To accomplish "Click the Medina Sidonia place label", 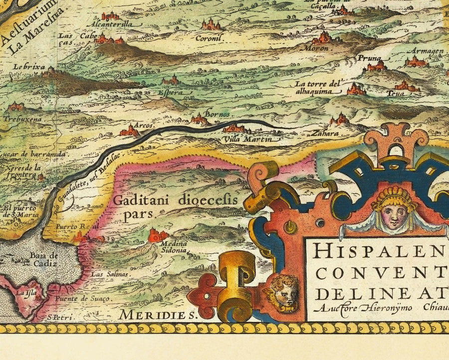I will (173, 247).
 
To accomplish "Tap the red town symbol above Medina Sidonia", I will (158, 234).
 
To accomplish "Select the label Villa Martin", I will (247, 139).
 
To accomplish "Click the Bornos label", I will (218, 114).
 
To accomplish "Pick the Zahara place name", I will (325, 134).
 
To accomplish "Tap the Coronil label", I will (209, 37).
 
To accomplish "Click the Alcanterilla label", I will (109, 24).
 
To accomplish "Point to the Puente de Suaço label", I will (82, 298).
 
